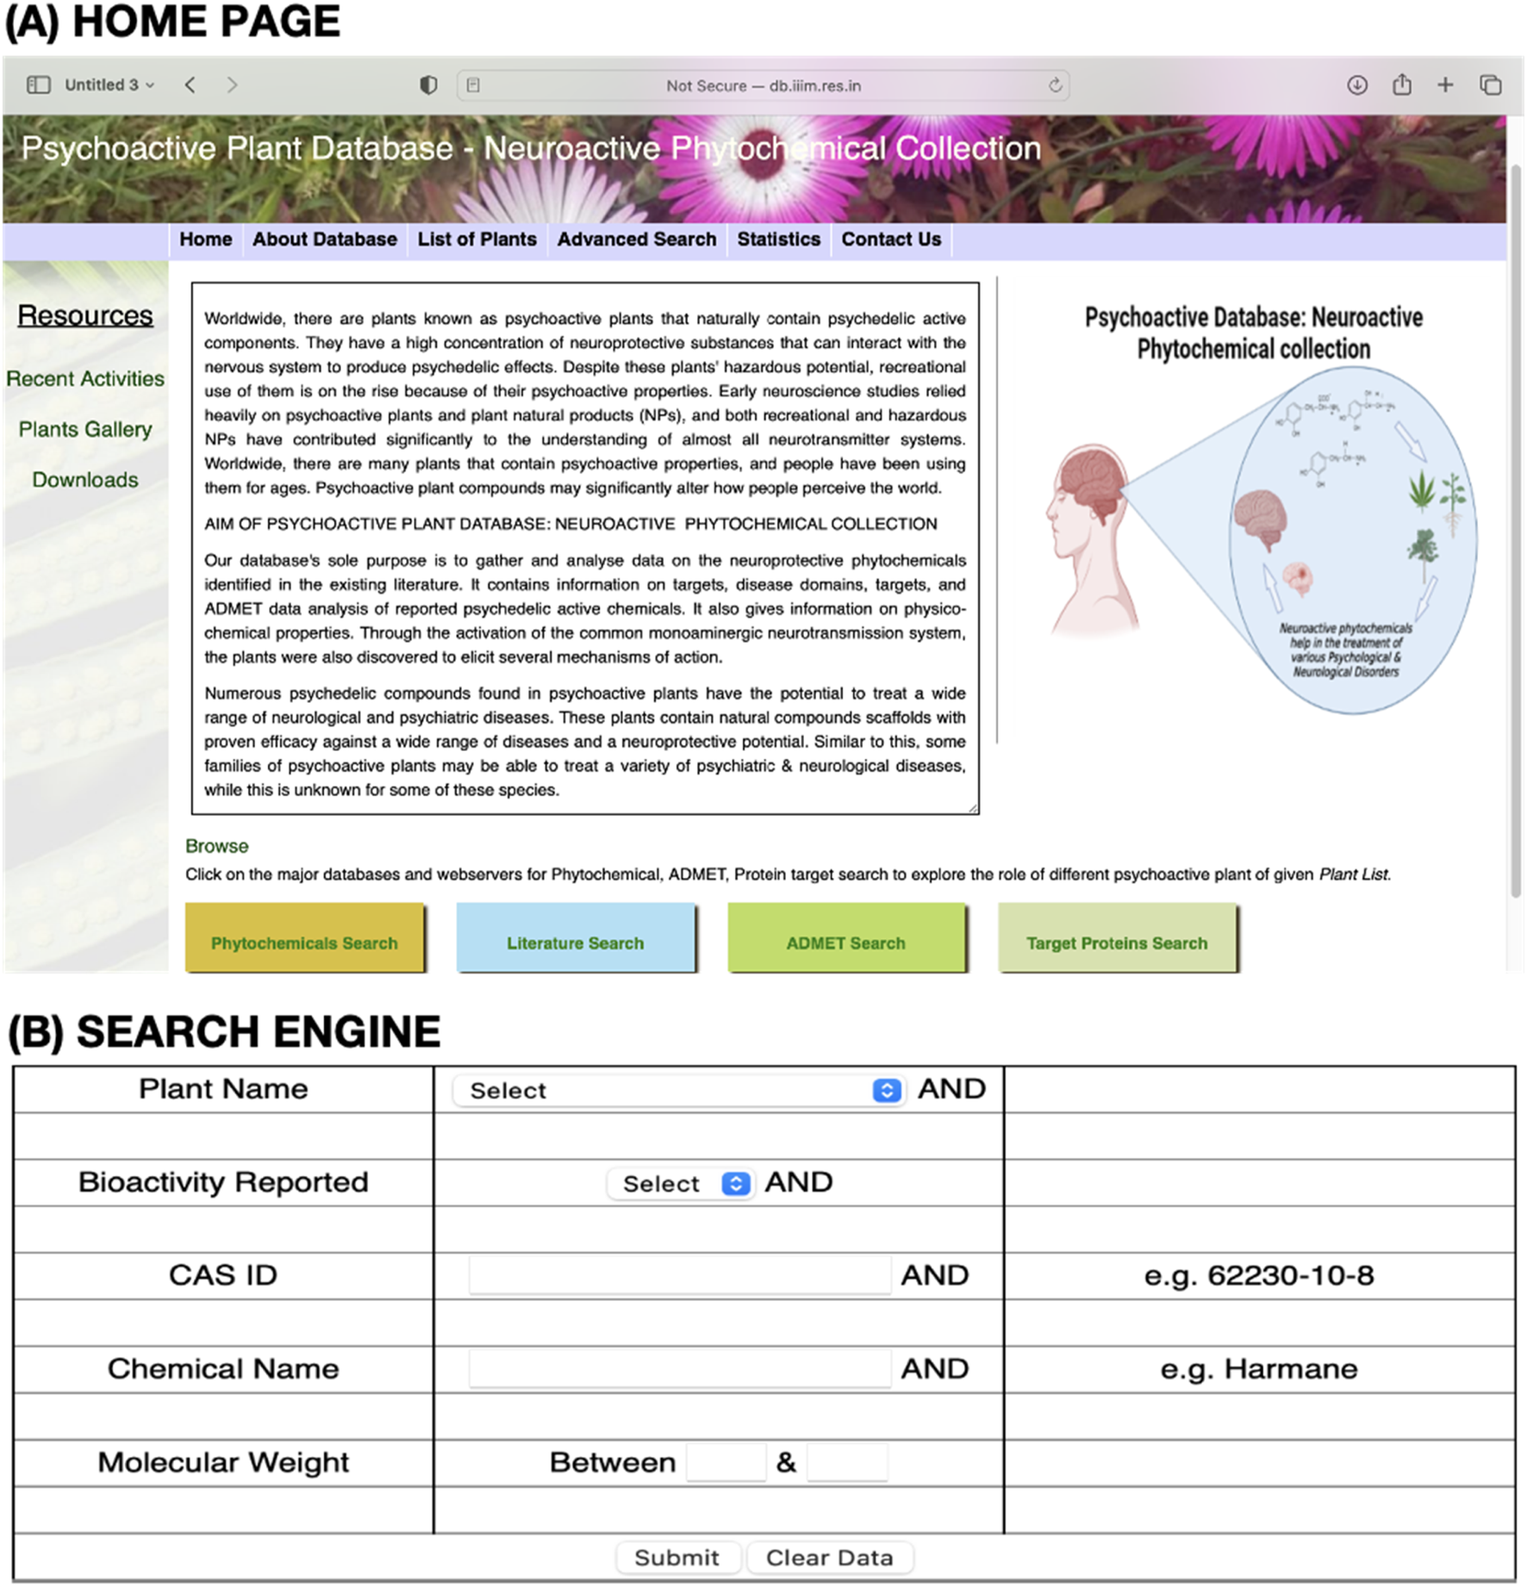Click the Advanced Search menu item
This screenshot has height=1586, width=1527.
click(636, 239)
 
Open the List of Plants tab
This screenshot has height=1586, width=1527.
click(477, 239)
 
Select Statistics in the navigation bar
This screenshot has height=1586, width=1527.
click(778, 239)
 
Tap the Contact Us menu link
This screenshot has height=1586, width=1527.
click(891, 239)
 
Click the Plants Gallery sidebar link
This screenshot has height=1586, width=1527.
click(85, 429)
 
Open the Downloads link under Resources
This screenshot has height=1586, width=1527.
click(85, 480)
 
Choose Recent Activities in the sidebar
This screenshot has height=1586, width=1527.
click(85, 379)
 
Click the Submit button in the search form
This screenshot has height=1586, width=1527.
click(677, 1558)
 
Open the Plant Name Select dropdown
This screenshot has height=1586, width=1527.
click(677, 1091)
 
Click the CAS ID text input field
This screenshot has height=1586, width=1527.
click(679, 1275)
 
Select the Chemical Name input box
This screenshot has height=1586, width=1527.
click(679, 1368)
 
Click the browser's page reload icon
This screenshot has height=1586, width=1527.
click(1055, 85)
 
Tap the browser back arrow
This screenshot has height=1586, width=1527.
click(190, 84)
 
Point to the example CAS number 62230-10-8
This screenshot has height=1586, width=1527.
click(1258, 1275)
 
